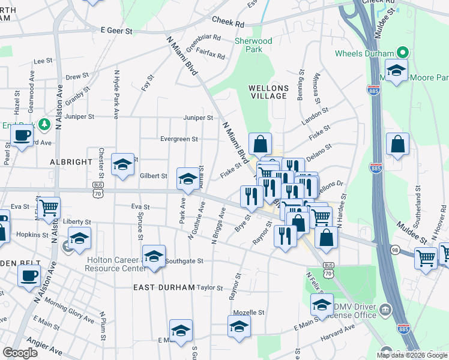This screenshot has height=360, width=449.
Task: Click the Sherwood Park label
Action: [x=253, y=45]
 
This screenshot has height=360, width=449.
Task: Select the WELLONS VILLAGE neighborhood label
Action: [x=268, y=92]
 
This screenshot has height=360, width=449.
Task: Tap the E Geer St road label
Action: [x=116, y=29]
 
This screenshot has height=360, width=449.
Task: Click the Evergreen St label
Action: [x=179, y=139]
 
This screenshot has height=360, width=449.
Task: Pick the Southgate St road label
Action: [x=185, y=261]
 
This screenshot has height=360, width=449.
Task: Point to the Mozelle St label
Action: [x=249, y=313]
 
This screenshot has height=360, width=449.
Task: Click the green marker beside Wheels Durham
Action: [x=404, y=53]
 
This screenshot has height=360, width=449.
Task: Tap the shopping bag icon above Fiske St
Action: [x=260, y=144]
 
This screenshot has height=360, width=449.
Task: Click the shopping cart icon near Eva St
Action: [x=49, y=208]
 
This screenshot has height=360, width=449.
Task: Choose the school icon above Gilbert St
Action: [x=122, y=164]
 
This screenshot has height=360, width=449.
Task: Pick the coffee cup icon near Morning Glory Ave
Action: [x=29, y=276]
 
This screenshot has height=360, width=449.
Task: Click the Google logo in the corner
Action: [x=20, y=352]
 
